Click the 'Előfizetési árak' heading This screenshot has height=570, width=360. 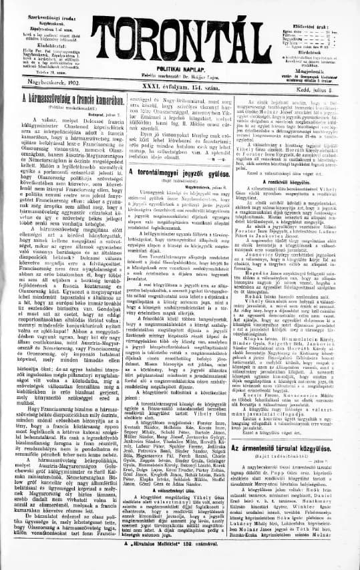point(319,9)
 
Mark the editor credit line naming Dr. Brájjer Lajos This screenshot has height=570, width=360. point(180,77)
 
